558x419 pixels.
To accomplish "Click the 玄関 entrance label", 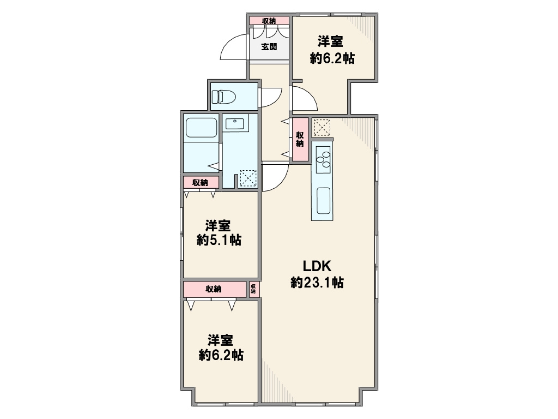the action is [x=269, y=47].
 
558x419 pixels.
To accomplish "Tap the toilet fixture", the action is [x=224, y=97].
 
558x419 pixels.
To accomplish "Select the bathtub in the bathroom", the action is [x=202, y=128].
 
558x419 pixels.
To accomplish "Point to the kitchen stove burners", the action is [x=323, y=160].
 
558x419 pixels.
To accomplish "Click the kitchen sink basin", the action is [x=324, y=201].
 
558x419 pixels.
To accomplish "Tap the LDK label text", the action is [x=317, y=266].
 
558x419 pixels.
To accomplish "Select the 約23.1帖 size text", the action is [x=317, y=283].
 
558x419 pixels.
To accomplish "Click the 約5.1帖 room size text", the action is [x=219, y=240].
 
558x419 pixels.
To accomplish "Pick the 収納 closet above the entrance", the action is [x=269, y=21].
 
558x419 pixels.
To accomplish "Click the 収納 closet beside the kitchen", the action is [x=300, y=139].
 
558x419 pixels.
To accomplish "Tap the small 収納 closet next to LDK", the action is [x=253, y=289].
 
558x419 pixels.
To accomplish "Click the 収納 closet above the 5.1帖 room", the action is [x=201, y=182].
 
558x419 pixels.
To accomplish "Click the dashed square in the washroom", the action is [x=248, y=178].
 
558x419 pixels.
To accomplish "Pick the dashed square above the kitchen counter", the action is [x=322, y=127].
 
